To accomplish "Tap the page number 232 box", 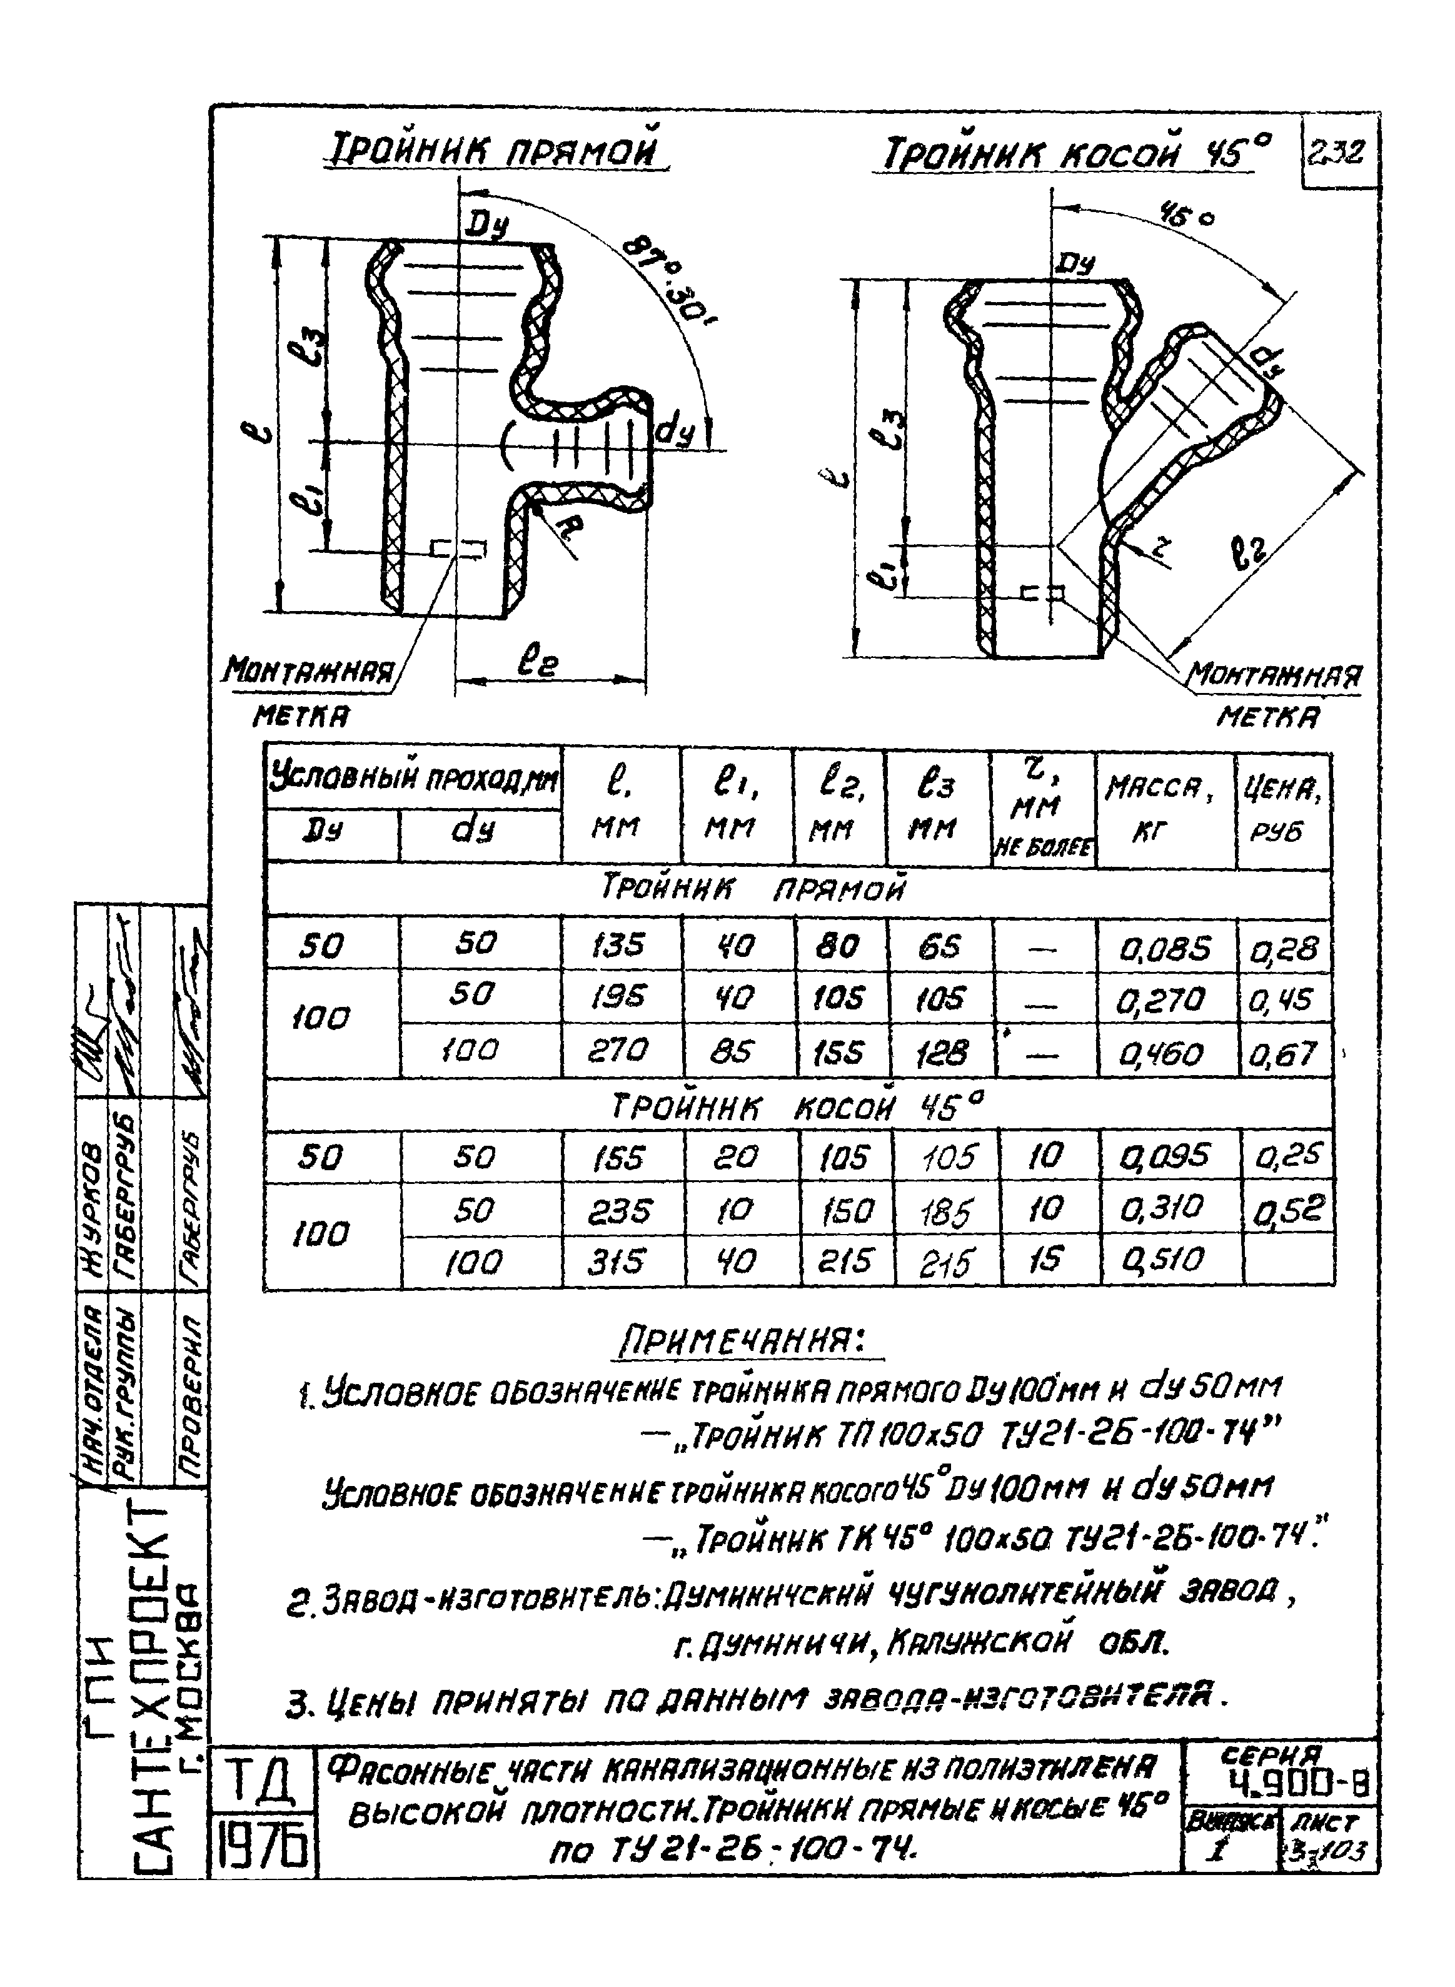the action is pos(1337,155).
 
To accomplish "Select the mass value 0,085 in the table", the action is pos(1164,948).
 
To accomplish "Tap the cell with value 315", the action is pos(621,1263).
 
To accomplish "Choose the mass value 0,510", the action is pos(1166,1260).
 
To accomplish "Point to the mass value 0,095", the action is pos(1166,1156).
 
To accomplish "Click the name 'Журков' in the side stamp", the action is pos(91,1193).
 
